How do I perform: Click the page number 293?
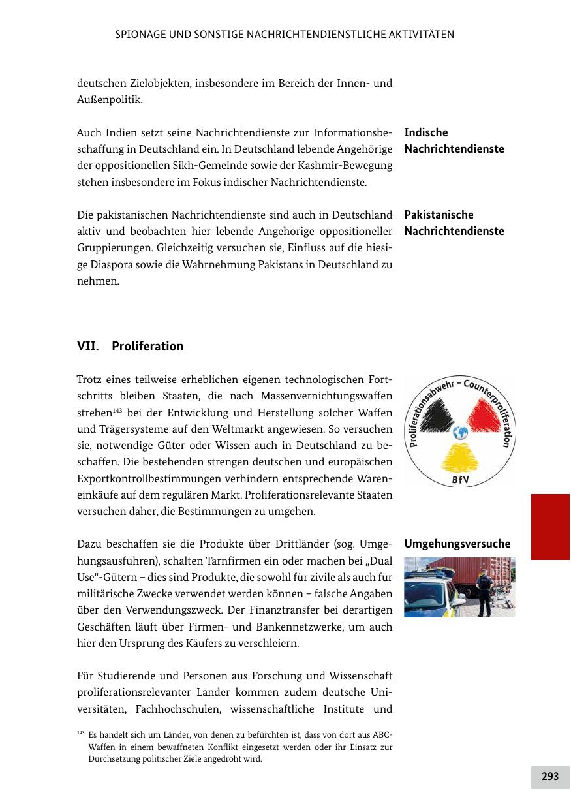coord(550,777)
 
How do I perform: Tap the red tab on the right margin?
coord(550,527)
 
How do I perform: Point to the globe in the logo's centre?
coord(459,432)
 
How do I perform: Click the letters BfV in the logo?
coord(460,481)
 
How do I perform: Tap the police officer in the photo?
coord(484,592)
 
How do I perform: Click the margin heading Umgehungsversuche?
coord(457,544)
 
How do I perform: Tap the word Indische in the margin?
coord(426,132)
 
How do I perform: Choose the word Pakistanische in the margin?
coord(439,215)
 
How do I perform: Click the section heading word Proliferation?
coord(147,347)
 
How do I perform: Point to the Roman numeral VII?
coord(88,347)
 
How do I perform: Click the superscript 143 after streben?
coord(117,411)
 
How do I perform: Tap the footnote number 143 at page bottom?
coord(81,732)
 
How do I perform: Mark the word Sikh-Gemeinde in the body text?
coord(184,166)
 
